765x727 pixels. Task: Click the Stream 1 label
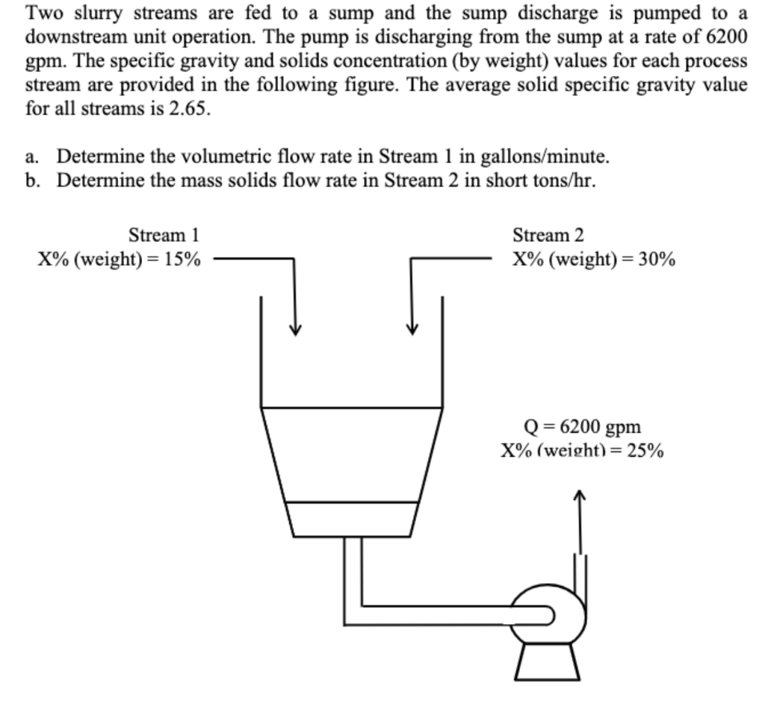click(164, 235)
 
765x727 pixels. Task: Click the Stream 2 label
click(548, 235)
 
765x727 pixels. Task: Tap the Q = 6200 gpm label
click(583, 427)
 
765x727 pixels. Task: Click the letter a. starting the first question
click(31, 157)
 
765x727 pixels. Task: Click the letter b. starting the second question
click(31, 180)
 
